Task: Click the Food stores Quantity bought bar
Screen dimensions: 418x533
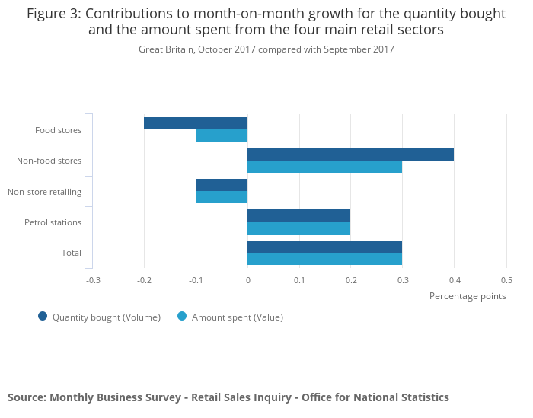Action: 196,123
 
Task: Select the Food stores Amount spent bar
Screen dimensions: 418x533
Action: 222,136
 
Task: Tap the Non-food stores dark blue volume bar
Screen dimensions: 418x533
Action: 350,155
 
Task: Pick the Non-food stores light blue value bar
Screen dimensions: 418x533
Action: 324,167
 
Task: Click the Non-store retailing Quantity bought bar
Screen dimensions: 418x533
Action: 222,185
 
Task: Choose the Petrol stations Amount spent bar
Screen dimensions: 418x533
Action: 298,228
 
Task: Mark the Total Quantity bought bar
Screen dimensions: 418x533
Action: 324,247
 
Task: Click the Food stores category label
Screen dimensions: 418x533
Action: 58,130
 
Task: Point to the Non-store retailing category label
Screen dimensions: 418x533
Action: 45,192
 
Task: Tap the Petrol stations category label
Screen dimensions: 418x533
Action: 53,222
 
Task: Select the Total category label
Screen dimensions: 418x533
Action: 72,253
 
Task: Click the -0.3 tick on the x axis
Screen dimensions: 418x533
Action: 93,280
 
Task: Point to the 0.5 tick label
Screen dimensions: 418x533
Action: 506,280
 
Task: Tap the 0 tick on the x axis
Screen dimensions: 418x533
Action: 247,280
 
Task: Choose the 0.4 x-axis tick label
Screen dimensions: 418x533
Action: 455,280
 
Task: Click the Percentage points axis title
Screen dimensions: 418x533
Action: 468,296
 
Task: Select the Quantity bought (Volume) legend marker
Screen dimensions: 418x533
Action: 43,317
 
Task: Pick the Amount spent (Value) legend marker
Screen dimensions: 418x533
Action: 182,317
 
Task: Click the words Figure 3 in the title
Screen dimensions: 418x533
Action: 53,14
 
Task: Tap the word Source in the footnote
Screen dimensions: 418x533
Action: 26,397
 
